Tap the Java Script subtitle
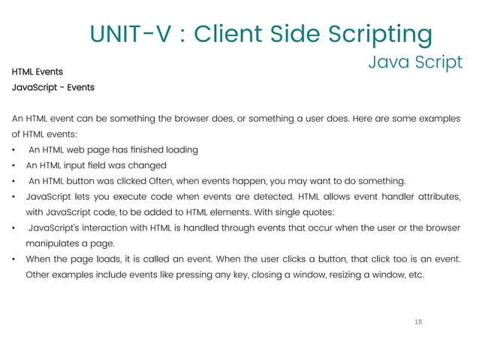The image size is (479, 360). pos(415,62)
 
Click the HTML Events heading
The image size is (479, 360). pos(37,72)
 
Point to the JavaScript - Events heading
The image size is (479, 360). pos(53,87)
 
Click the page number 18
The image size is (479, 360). pos(418,322)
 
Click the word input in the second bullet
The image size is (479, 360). pos(80,165)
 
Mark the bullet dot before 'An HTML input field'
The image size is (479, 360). pos(14,165)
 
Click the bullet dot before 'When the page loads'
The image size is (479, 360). pos(14,259)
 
